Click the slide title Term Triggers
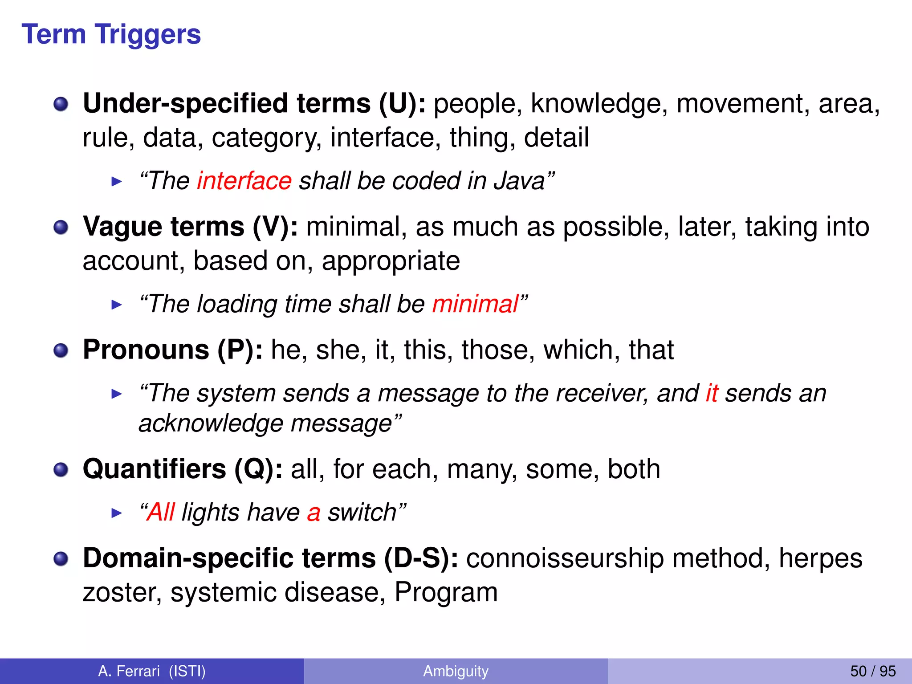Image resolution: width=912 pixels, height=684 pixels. click(111, 34)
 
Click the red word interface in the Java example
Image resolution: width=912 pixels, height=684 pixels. click(244, 181)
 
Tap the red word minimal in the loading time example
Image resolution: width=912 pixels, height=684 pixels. click(475, 304)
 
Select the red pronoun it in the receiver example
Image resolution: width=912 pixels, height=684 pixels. click(712, 393)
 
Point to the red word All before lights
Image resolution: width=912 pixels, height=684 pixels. click(161, 512)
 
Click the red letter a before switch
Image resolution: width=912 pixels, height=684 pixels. click(313, 513)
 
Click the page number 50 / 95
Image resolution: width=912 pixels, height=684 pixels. click(873, 671)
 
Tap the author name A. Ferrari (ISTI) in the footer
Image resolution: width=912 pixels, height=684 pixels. click(152, 671)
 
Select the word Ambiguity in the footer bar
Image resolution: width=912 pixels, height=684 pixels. click(456, 671)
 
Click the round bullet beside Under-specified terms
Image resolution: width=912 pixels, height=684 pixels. click(61, 105)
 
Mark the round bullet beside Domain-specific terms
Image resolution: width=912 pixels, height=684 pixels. click(61, 559)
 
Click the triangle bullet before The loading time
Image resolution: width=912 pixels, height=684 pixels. click(117, 305)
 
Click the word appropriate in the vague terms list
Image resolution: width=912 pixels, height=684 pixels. click(391, 261)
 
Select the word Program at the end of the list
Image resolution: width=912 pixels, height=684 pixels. click(446, 592)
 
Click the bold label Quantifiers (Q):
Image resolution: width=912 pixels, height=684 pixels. click(183, 469)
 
